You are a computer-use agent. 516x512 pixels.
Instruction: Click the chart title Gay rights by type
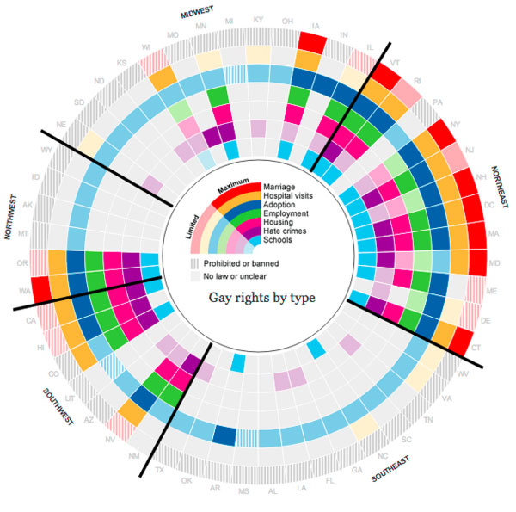tap(261, 299)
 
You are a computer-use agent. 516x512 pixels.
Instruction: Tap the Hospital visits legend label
tap(294, 197)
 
